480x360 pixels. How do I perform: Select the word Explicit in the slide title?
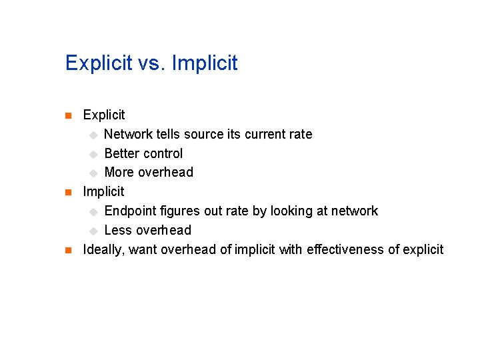coord(99,63)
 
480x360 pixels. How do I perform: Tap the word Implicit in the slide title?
coord(205,63)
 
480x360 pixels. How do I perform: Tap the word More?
coord(119,172)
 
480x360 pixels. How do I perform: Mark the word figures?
coord(183,211)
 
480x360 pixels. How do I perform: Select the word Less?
coord(118,230)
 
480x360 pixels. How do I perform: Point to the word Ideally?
coord(103,249)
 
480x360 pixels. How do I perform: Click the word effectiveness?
coord(345,249)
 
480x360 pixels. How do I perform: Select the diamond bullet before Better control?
coord(94,154)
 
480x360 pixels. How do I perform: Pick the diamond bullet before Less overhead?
coord(94,231)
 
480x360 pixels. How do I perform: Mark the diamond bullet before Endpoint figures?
coord(94,211)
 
